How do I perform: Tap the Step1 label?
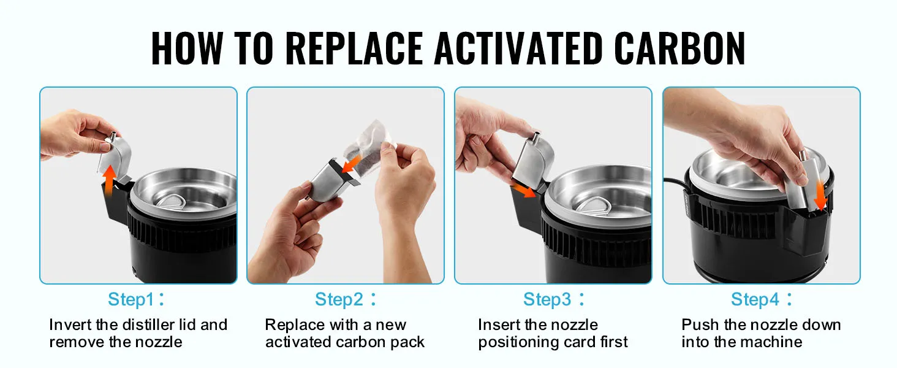point(131,300)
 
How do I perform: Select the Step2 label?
point(338,300)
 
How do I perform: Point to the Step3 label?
point(547,300)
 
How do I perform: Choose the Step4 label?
point(755,300)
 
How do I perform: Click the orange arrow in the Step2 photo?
point(352,164)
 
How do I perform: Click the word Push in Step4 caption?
point(699,325)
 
